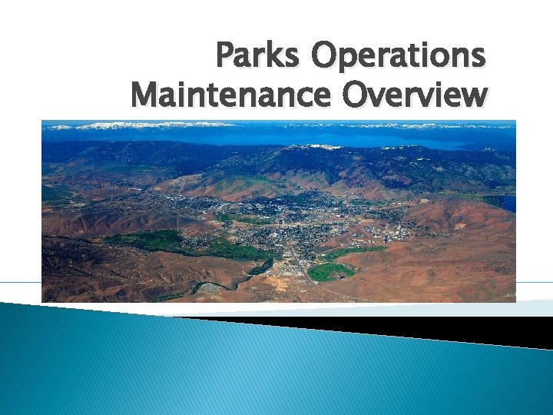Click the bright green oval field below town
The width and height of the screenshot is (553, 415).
[x=331, y=271]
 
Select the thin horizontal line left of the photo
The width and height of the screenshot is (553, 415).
[x=20, y=282]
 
